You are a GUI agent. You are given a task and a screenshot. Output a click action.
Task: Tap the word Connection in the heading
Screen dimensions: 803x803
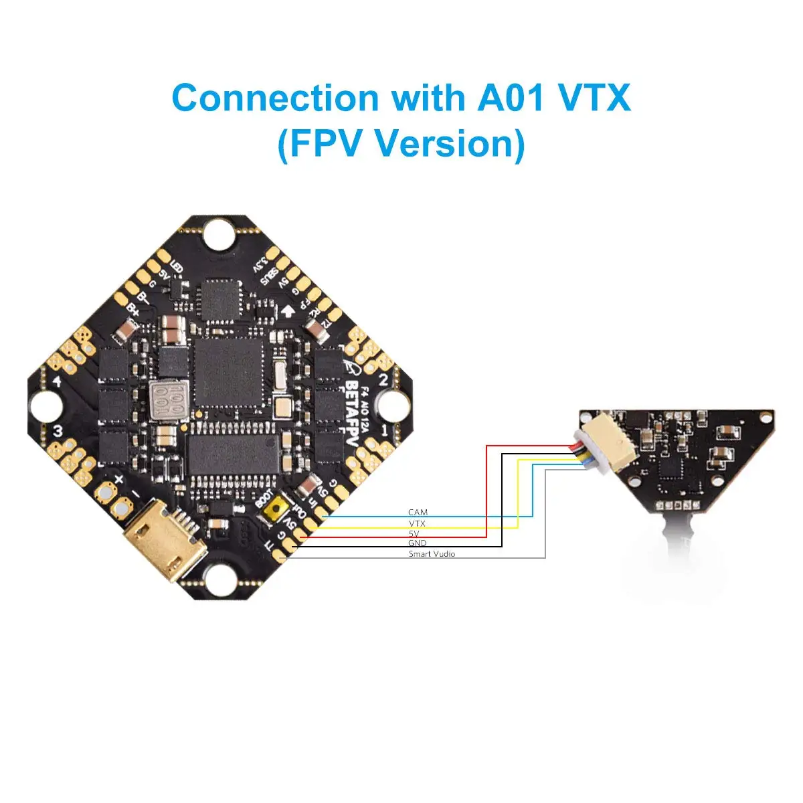(x=275, y=98)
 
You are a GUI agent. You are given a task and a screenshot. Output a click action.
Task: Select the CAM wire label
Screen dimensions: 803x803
(x=418, y=513)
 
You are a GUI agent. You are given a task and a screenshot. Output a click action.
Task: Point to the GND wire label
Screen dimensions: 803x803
(x=417, y=543)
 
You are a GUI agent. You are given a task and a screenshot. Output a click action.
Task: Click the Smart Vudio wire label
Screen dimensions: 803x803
(x=432, y=554)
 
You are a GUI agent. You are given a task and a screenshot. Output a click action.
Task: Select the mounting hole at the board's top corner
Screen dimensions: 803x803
(x=218, y=234)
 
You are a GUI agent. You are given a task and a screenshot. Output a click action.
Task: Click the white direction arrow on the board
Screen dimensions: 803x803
(x=288, y=310)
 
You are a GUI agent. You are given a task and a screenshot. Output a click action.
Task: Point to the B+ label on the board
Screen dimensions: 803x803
(x=132, y=310)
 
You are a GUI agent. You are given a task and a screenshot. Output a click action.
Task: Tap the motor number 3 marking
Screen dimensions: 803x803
(x=58, y=432)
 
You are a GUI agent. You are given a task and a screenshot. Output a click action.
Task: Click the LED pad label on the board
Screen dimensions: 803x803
(x=177, y=268)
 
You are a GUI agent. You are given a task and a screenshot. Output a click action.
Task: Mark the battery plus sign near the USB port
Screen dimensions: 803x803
(x=118, y=480)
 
